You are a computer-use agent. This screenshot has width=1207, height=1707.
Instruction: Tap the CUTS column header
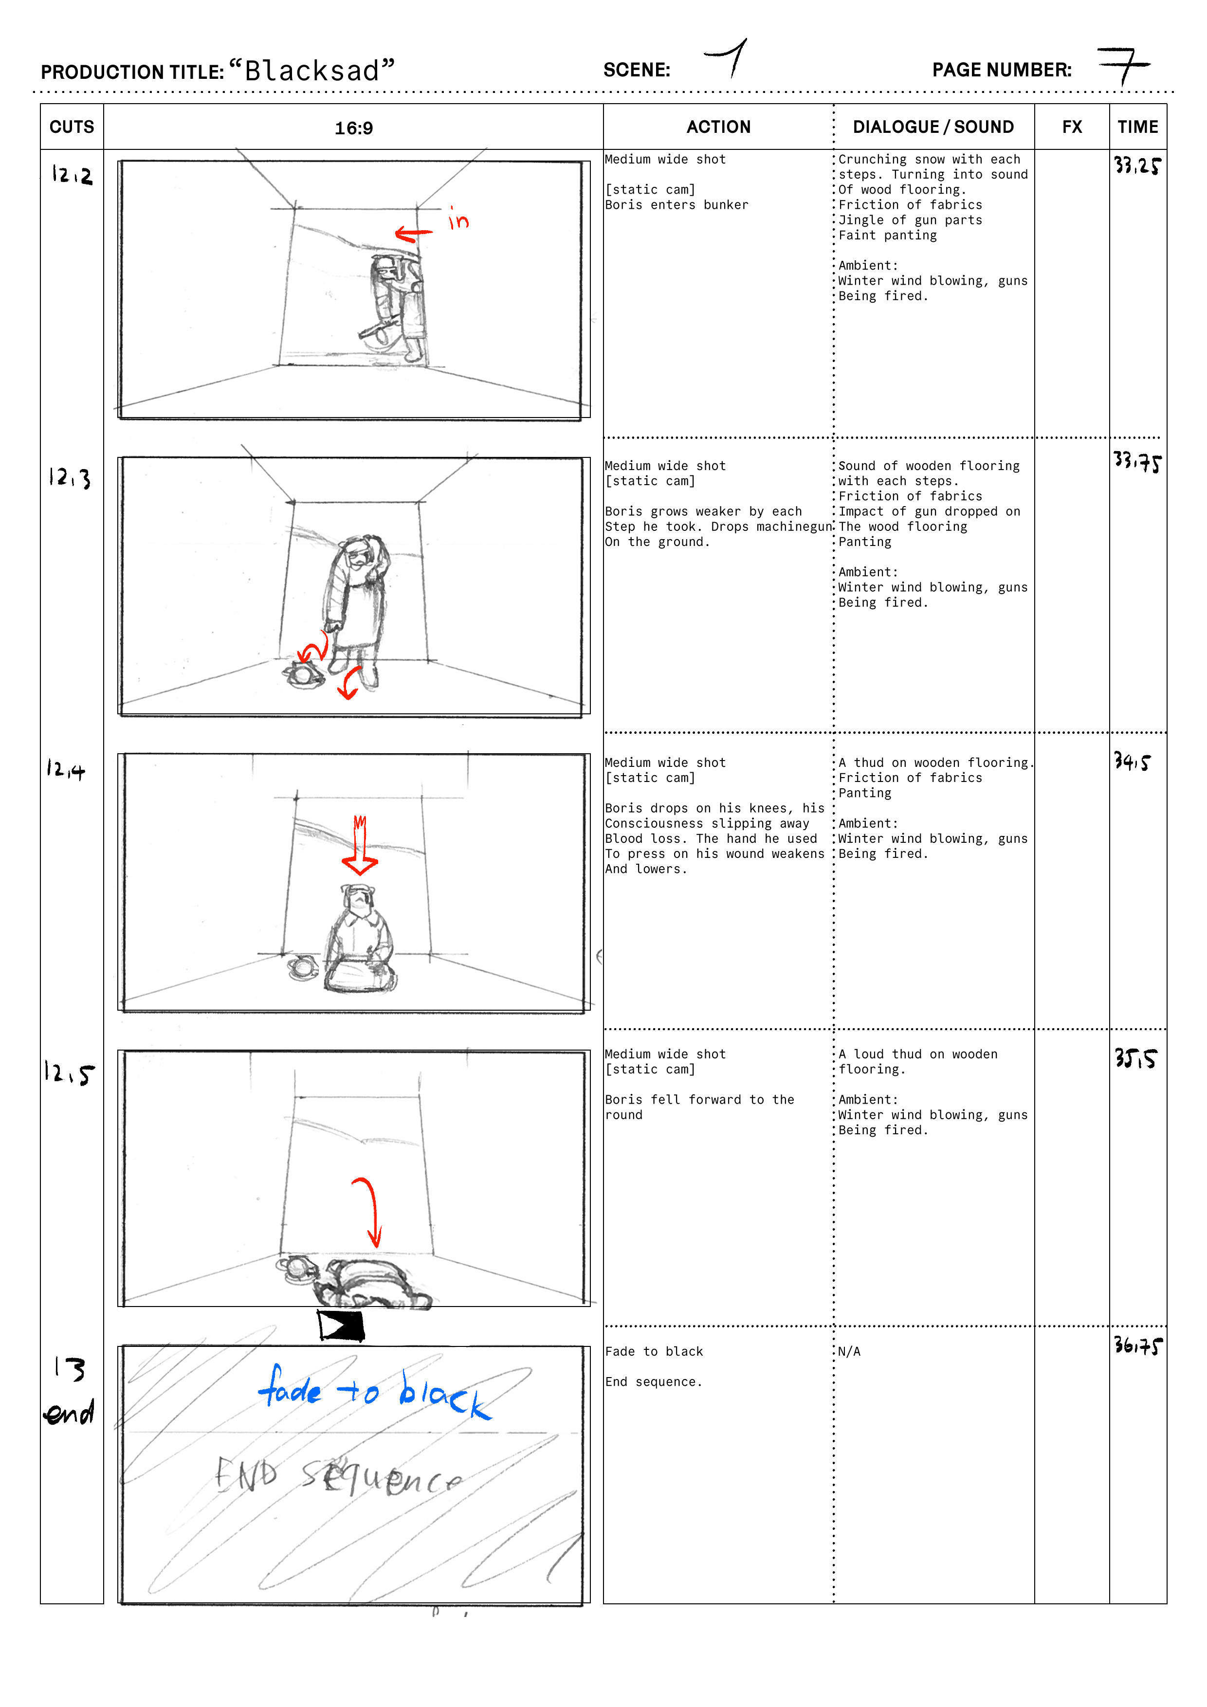pyautogui.click(x=72, y=127)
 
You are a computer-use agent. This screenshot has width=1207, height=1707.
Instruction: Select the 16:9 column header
pyautogui.click(x=353, y=128)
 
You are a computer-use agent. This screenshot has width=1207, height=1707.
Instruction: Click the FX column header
pyautogui.click(x=1072, y=127)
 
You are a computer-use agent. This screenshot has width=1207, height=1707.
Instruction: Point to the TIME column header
pyautogui.click(x=1138, y=127)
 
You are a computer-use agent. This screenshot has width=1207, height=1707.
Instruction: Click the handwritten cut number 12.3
pyautogui.click(x=70, y=477)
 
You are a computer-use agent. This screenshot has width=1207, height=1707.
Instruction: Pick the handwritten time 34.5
pyautogui.click(x=1132, y=761)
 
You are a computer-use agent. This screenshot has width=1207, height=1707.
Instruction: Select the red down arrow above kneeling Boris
pyautogui.click(x=360, y=845)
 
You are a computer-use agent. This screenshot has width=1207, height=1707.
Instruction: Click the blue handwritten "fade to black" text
pyautogui.click(x=374, y=1392)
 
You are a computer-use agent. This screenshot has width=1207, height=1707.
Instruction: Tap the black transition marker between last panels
pyautogui.click(x=341, y=1326)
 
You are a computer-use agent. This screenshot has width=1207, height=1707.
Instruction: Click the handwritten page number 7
pyautogui.click(x=1124, y=65)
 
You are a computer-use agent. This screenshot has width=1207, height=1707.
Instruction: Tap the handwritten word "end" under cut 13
pyautogui.click(x=69, y=1412)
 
